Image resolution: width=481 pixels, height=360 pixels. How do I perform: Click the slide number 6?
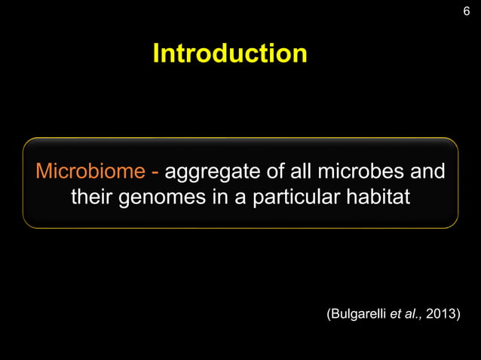pos(466,11)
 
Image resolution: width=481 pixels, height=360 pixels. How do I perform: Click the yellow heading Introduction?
pos(230,53)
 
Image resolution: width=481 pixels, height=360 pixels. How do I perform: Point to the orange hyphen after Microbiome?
pos(155,172)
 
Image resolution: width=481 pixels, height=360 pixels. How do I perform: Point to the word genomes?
pos(164,200)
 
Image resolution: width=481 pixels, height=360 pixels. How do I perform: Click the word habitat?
pos(383,198)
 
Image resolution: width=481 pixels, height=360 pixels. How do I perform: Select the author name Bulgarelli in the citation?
pos(357,314)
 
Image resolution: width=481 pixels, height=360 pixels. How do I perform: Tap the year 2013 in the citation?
pos(441,314)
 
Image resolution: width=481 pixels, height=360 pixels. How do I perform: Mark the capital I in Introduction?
pos(156,53)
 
